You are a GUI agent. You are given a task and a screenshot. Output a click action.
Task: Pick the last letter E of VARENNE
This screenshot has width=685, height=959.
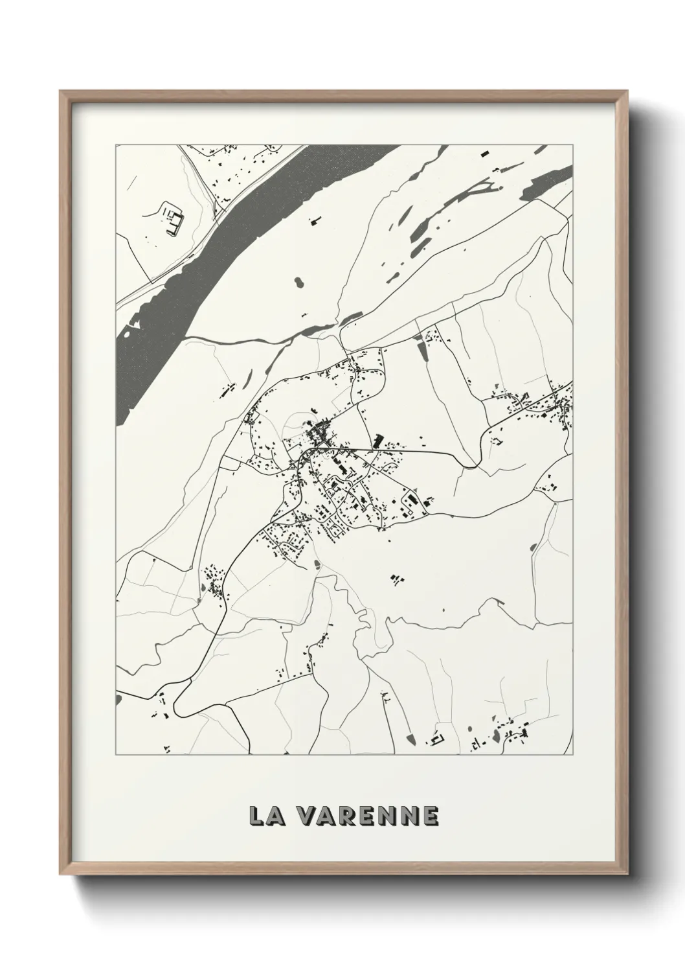(x=430, y=816)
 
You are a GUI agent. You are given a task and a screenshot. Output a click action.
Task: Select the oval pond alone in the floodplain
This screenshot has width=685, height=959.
(x=298, y=283)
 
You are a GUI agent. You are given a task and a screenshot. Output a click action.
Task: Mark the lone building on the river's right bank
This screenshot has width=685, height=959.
(x=315, y=222)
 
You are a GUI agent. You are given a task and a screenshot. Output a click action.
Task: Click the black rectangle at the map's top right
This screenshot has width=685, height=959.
(x=484, y=154)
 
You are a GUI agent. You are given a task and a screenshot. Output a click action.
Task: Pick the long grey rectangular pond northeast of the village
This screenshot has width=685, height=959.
(x=423, y=351)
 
